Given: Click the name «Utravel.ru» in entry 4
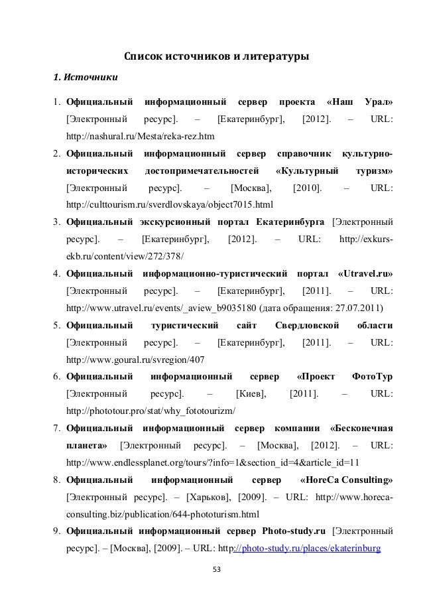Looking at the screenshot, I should click(365, 273).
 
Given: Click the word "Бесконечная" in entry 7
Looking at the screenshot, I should click(360, 429).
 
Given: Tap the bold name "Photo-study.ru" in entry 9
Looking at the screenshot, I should click(294, 531).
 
